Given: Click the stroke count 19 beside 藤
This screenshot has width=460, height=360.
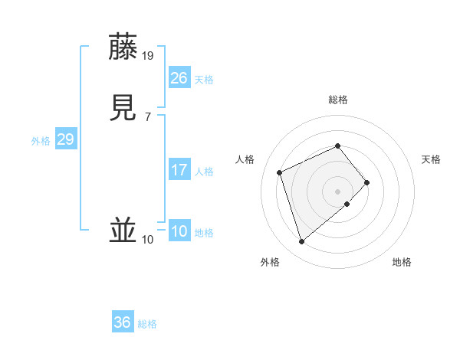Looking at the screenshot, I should pyautogui.click(x=149, y=55).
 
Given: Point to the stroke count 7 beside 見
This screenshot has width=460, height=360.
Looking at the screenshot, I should pyautogui.click(x=147, y=116).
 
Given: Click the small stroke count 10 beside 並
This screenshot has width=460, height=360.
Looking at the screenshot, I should pyautogui.click(x=148, y=240).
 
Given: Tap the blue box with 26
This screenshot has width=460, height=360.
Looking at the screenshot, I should pyautogui.click(x=179, y=78).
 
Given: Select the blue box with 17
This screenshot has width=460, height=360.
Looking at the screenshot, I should pyautogui.click(x=179, y=170).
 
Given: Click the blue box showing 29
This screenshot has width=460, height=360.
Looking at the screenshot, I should pyautogui.click(x=66, y=139).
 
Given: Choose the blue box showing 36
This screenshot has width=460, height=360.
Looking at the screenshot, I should pyautogui.click(x=123, y=322).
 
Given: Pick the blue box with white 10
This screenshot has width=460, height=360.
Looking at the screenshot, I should pyautogui.click(x=179, y=231).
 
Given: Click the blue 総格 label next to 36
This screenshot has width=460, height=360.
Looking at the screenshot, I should pyautogui.click(x=148, y=324).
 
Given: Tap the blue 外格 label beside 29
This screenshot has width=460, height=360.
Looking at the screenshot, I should pyautogui.click(x=41, y=141).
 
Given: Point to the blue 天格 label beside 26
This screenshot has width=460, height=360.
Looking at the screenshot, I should pyautogui.click(x=204, y=80).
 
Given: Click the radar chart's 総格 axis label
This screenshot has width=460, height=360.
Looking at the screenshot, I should pyautogui.click(x=337, y=100).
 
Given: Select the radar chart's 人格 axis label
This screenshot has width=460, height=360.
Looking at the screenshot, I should pyautogui.click(x=245, y=159).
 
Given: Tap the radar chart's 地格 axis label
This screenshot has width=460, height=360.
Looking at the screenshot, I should pyautogui.click(x=402, y=262).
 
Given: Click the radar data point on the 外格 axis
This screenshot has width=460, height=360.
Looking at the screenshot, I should pyautogui.click(x=302, y=242).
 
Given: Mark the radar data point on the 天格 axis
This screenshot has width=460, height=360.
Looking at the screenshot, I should pyautogui.click(x=367, y=182).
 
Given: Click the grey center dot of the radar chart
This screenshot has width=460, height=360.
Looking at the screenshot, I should pyautogui.click(x=337, y=190).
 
